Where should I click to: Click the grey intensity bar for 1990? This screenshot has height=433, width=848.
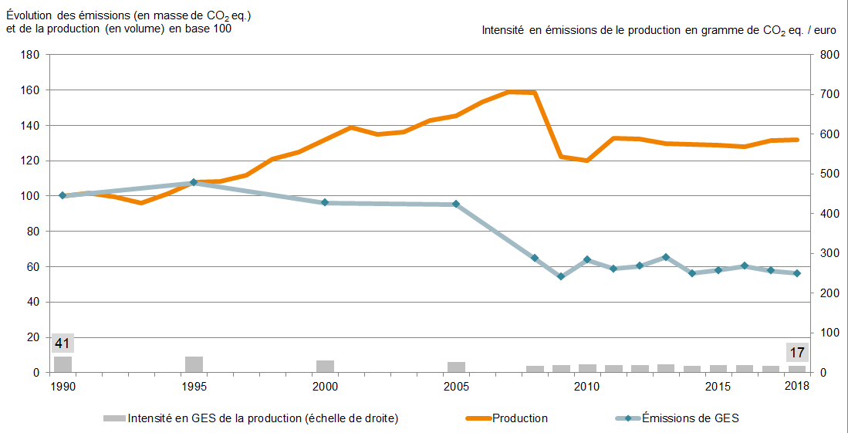63,364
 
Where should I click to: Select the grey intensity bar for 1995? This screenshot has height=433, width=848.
194,364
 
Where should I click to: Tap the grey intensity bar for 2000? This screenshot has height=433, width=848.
325,366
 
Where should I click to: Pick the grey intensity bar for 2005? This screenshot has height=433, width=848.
456,367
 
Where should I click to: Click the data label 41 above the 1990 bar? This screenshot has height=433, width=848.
63,343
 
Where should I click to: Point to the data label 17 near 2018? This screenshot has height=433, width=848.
796,353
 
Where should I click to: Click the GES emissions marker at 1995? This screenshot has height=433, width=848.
194,182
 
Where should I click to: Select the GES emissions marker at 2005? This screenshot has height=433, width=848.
456,205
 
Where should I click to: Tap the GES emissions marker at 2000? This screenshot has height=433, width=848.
325,202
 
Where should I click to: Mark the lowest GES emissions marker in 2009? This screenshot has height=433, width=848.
561,276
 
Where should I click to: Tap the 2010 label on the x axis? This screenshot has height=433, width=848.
587,385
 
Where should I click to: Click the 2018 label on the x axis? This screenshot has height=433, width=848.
797,385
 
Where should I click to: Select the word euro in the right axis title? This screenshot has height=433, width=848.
823,30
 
